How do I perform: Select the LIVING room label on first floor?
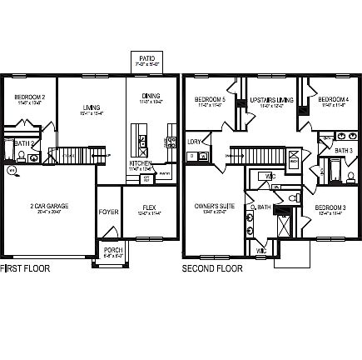(92, 106)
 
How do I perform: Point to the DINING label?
(151, 96)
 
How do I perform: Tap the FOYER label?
(108, 212)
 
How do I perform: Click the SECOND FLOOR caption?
(212, 268)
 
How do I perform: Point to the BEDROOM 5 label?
(210, 100)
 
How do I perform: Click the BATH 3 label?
(344, 150)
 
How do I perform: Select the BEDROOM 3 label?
(331, 207)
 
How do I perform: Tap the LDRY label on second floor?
(195, 142)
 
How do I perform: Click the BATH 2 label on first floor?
(24, 143)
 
